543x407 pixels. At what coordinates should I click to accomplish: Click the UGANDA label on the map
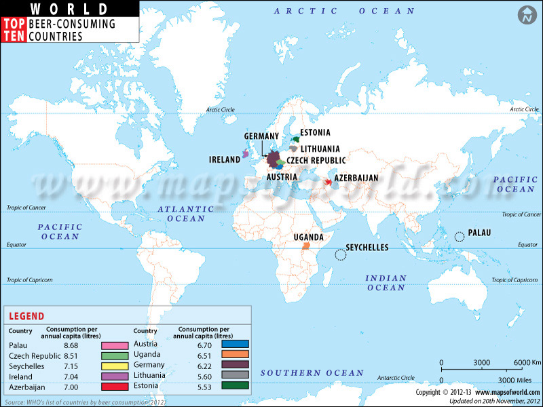[x=307, y=237]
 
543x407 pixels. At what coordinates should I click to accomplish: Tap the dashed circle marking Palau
[x=460, y=236]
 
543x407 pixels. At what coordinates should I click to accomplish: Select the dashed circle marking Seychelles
[x=339, y=254]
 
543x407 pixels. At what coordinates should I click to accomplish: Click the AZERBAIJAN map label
[x=356, y=178]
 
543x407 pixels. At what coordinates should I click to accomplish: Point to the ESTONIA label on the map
[x=315, y=132]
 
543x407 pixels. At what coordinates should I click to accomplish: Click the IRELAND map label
[x=225, y=160]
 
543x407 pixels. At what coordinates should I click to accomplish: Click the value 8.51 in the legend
[x=71, y=356]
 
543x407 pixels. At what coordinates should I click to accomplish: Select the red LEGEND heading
[x=27, y=316]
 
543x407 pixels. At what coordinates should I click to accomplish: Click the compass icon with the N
[x=525, y=15]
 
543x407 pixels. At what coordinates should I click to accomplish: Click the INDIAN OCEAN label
[x=386, y=283]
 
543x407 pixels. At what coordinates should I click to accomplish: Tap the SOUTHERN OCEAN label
[x=302, y=372]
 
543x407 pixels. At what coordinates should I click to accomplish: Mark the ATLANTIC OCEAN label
[x=181, y=214]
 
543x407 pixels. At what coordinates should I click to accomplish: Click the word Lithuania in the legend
[x=149, y=375]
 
